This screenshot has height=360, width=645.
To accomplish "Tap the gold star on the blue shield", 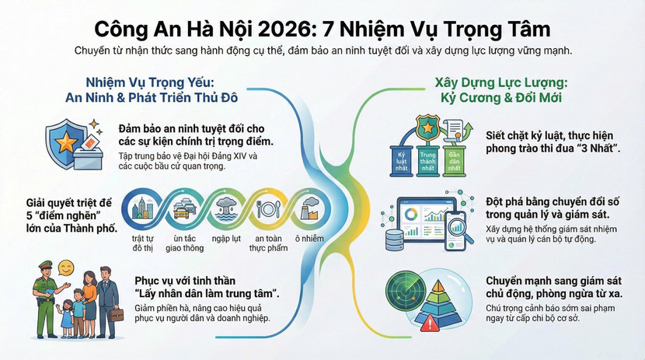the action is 66,142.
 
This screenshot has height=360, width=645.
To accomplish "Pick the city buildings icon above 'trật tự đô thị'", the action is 142,208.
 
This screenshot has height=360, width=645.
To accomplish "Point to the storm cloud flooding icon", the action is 226,209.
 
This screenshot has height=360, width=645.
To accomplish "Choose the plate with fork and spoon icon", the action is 268,209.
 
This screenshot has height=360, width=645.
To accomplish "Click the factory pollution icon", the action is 311,208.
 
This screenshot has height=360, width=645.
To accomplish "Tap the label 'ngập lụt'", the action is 226,239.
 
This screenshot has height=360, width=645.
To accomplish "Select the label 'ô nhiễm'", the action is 309,239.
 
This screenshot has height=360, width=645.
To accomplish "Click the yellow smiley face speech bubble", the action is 66,268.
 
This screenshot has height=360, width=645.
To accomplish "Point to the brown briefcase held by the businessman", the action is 117,315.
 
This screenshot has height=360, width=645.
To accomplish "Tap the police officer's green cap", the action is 46,264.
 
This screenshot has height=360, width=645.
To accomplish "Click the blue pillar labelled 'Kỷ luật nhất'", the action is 401,160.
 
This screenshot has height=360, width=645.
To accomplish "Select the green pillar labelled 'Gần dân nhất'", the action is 454,160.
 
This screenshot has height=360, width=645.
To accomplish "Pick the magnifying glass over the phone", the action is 460,229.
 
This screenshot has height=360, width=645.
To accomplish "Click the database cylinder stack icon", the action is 394,239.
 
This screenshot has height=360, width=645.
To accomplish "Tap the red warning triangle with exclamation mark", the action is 431,323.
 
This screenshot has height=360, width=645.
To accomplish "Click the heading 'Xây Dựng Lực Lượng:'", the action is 501,82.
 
